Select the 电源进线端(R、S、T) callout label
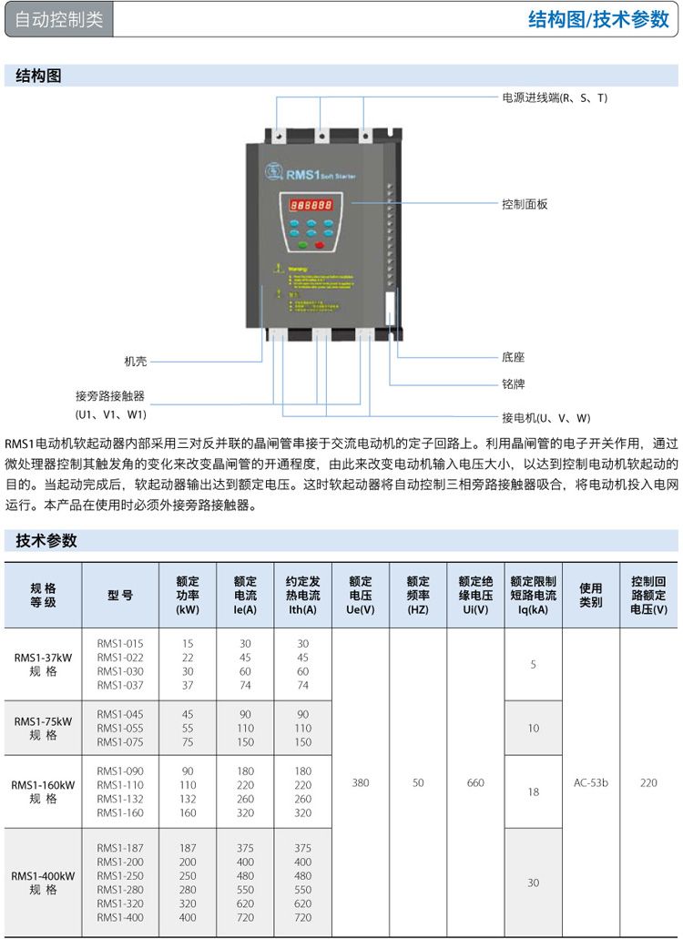click(555, 97)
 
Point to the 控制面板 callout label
click(525, 204)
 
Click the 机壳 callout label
click(136, 362)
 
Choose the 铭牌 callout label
click(513, 384)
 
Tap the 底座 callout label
click(513, 358)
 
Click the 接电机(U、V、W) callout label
click(545, 418)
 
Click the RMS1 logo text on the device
click(301, 174)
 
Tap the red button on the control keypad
click(320, 244)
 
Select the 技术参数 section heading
click(46, 541)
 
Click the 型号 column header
click(120, 595)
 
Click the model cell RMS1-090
click(120, 771)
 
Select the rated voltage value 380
click(361, 782)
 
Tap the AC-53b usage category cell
click(591, 782)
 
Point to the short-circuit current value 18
click(534, 792)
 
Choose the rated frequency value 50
click(418, 782)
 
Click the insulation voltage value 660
click(475, 782)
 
